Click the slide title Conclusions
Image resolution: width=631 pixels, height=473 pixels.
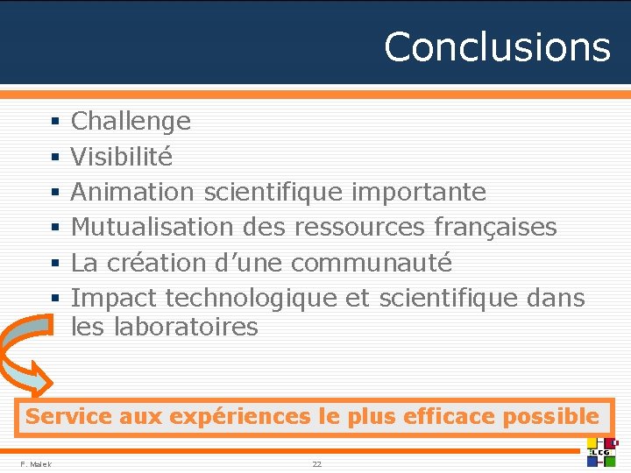coord(497,46)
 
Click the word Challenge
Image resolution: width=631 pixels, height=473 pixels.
coord(131,121)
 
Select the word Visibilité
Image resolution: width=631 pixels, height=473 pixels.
coord(122,157)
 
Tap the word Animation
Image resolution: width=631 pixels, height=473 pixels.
coord(133,192)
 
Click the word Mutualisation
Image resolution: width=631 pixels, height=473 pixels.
coord(152,227)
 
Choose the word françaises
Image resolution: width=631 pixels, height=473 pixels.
coord(495,227)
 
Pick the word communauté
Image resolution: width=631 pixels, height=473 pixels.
coord(372,262)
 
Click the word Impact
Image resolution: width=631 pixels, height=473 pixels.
coord(114,298)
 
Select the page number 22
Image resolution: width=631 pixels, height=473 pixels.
coord(316,463)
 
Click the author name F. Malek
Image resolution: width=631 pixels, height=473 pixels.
coord(36,463)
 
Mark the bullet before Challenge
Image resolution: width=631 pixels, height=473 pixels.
coord(54,122)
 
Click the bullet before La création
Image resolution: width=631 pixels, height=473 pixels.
coord(54,263)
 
